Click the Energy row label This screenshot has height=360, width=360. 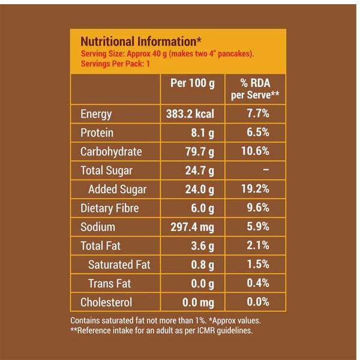point(96,114)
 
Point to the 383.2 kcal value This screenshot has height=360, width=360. point(190,114)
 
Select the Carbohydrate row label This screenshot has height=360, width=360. point(111,152)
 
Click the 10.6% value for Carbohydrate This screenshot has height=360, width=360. point(255,152)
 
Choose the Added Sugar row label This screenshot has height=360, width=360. point(117,190)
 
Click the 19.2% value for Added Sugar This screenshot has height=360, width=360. point(255,190)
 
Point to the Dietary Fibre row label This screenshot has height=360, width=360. point(109,208)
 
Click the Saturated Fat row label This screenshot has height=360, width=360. point(119,265)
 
